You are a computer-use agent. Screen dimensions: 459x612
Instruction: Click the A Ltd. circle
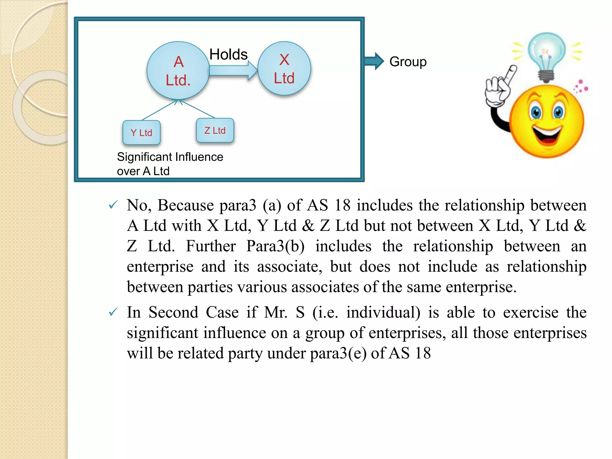point(178,71)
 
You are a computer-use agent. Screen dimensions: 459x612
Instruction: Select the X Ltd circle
point(284,68)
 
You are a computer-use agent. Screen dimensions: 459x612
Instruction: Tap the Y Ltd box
point(142,132)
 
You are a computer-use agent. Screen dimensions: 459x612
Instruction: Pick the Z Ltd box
point(215,130)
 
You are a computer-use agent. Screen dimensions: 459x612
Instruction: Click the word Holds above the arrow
point(228,54)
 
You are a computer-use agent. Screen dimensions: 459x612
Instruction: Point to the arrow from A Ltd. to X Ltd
point(233,71)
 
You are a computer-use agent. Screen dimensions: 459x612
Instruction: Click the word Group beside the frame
point(408,62)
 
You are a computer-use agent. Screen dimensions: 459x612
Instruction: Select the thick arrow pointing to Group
point(374,61)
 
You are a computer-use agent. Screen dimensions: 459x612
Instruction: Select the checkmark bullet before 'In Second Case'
point(113,312)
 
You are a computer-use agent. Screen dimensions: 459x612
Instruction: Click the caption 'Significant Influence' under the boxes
point(170,157)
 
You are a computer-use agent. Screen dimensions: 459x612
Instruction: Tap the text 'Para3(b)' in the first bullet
point(275,246)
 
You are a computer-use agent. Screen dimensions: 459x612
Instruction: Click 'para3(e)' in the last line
point(338,353)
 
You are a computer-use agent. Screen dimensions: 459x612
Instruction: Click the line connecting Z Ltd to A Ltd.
point(197,109)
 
